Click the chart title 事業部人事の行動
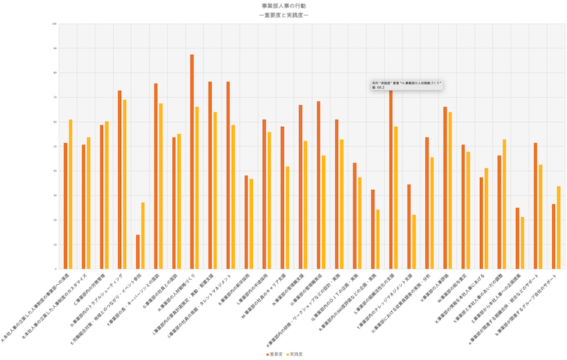[283, 6]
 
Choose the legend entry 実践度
[298, 353]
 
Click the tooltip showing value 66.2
[407, 85]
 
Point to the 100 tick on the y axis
[55, 24]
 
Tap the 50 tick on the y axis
[55, 147]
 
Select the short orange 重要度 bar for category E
[137, 252]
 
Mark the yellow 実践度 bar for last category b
[558, 227]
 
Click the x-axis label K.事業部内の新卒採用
[230, 291]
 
